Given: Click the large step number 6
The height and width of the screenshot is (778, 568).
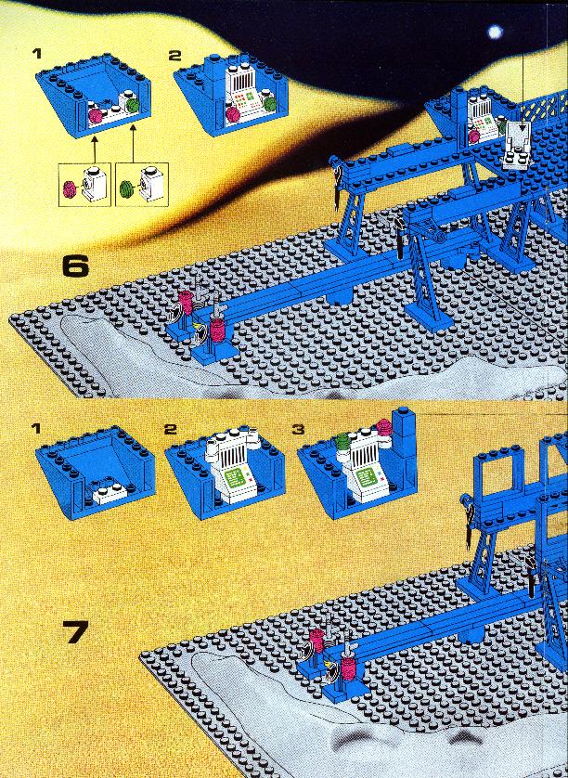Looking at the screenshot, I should tap(74, 266).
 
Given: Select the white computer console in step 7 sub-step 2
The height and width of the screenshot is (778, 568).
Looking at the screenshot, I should tap(227, 470).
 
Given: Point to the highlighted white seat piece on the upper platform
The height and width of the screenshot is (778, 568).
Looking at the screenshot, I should tap(514, 144).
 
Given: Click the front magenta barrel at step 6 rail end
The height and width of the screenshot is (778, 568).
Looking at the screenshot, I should tap(217, 329).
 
